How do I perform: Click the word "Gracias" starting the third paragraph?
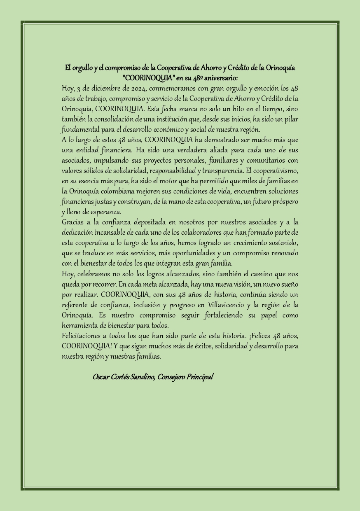[x=72, y=222]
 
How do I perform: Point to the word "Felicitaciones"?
[x=81, y=336]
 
